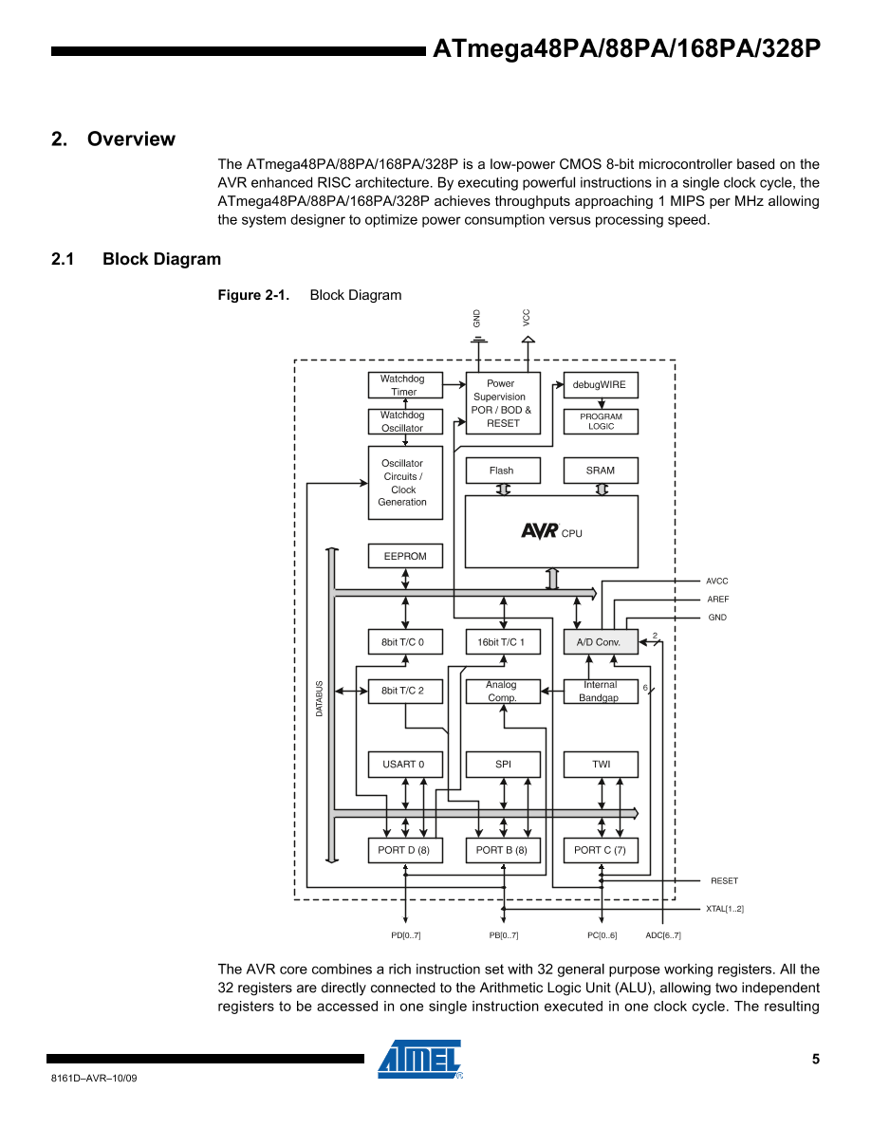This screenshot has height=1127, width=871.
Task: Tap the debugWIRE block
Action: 601,385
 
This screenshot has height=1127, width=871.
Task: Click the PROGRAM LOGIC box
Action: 601,421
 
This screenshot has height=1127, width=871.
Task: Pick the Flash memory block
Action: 502,471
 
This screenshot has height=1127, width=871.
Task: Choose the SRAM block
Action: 601,471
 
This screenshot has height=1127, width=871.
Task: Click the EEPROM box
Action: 405,556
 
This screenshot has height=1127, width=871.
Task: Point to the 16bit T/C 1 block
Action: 502,642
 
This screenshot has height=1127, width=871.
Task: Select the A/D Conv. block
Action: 600,642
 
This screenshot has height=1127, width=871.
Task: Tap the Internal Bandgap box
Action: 600,692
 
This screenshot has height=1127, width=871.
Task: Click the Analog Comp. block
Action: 502,692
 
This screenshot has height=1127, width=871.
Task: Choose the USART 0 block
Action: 405,764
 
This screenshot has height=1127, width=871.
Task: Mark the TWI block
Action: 601,764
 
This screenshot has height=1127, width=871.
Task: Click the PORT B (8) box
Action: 502,850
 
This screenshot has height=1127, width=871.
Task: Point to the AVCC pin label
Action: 717,581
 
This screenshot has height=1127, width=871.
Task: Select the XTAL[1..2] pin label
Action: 725,909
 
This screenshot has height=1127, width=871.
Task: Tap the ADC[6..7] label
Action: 663,935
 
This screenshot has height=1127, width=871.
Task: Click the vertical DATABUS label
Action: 320,698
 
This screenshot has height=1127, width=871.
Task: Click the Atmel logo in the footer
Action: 420,1060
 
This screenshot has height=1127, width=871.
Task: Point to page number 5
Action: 815,1060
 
